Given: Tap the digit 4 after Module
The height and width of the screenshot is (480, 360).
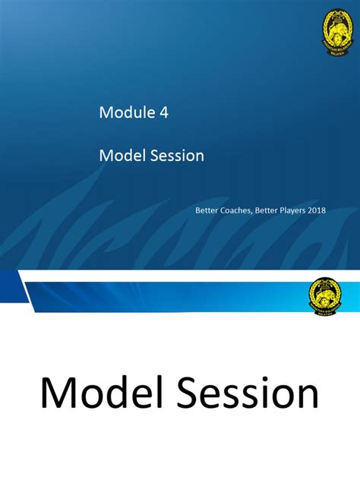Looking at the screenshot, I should (164, 113).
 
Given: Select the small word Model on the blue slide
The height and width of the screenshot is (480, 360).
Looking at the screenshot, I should (119, 156).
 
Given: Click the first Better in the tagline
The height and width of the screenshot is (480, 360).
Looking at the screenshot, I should (206, 210).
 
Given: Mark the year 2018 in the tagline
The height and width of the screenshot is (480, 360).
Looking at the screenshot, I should (317, 210).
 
